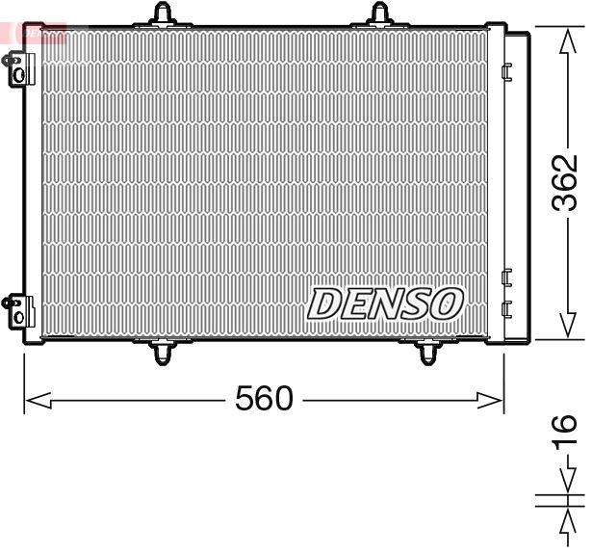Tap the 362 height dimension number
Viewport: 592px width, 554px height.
pyautogui.click(x=567, y=182)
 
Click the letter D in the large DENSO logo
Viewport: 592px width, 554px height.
pyautogui.click(x=326, y=305)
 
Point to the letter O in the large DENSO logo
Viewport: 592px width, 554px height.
pyautogui.click(x=445, y=305)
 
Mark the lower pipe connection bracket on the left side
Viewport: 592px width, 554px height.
pyautogui.click(x=15, y=311)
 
